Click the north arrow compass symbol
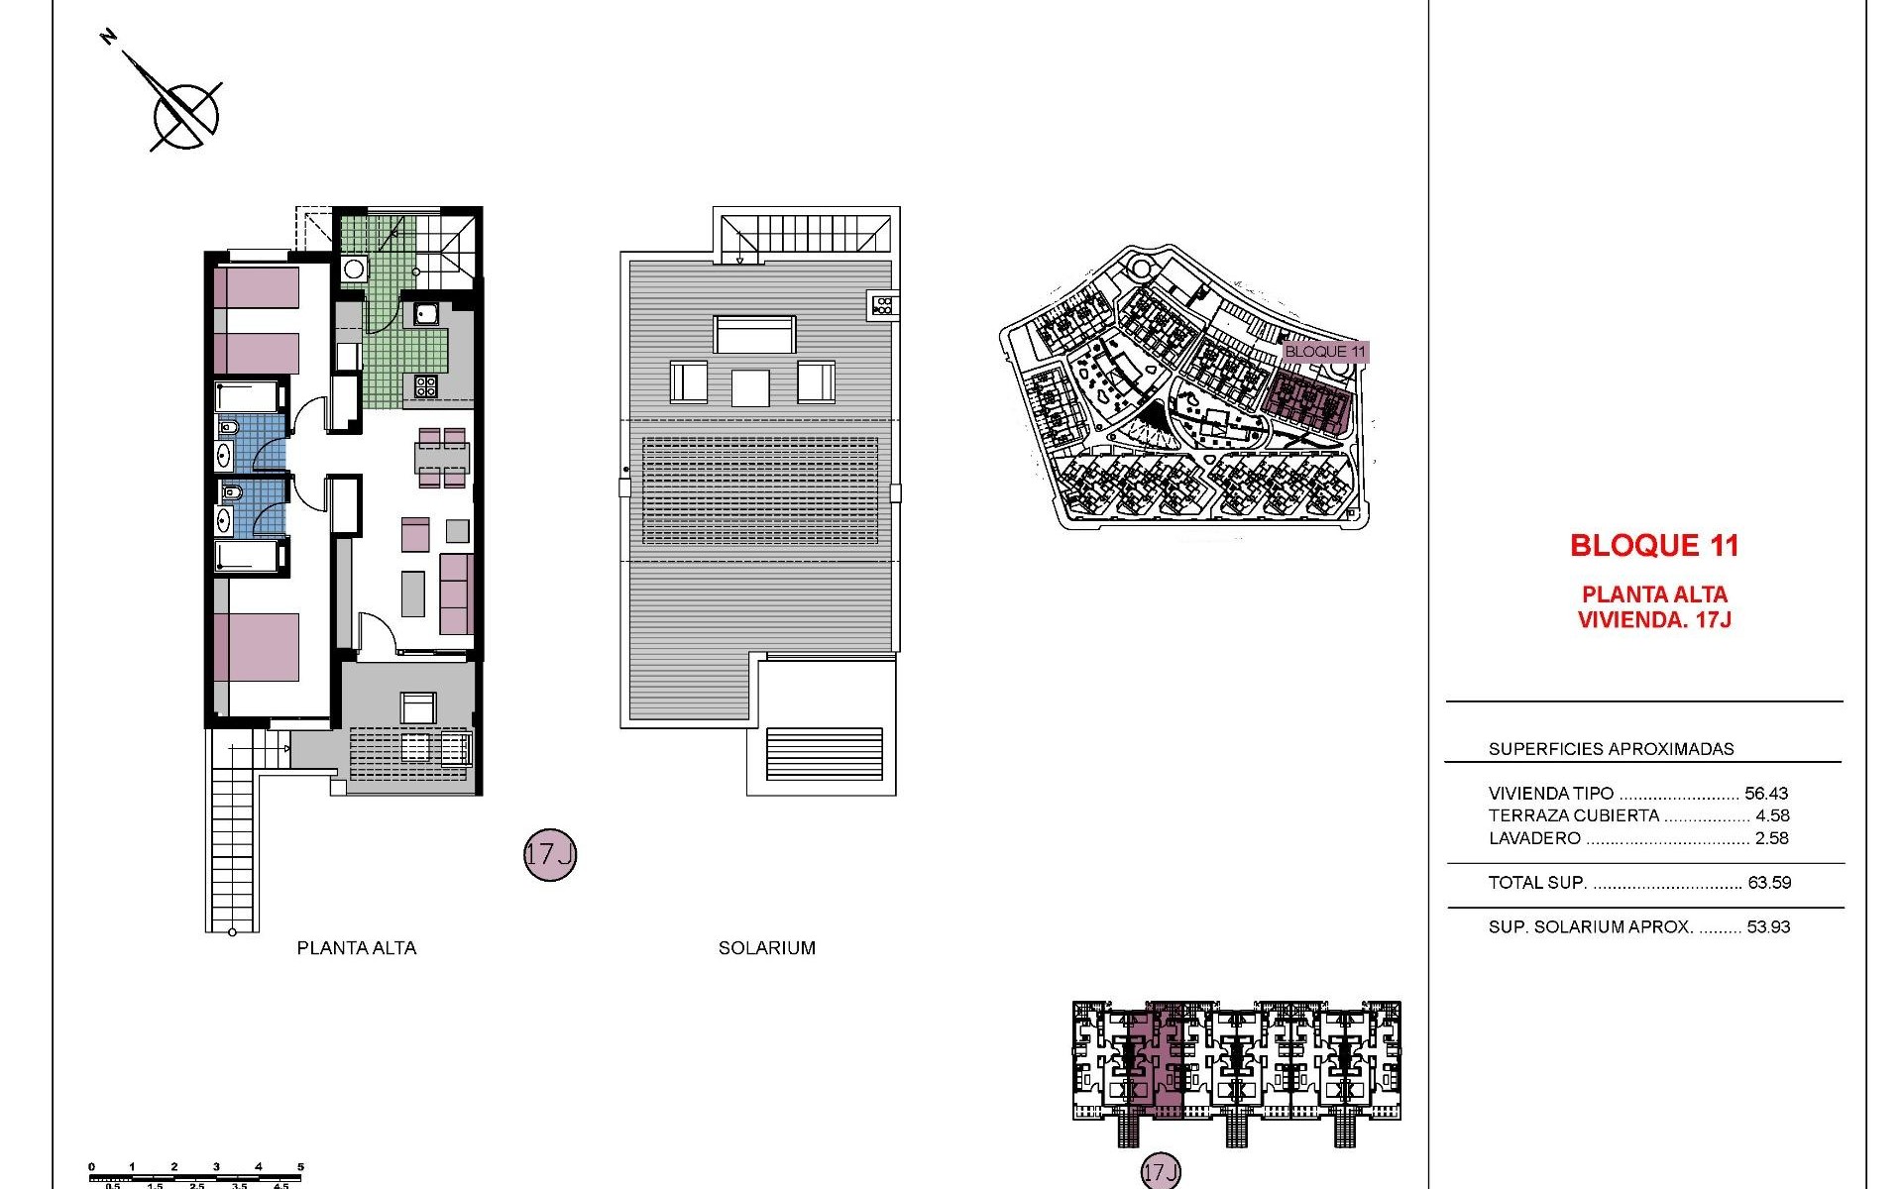pos(185,112)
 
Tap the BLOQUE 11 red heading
pos(1654,545)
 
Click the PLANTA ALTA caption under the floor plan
pos(357,948)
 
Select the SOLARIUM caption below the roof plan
pos(766,948)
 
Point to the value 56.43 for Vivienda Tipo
pos(1766,794)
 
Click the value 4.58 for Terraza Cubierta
pos(1772,815)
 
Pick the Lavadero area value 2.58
pos(1772,838)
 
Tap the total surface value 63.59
pos(1769,883)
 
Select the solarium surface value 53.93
pos(1768,927)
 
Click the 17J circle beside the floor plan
pos(549,855)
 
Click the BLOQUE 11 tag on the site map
pos(1325,352)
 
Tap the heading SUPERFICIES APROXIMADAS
pos(1611,749)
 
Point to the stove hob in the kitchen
pos(425,385)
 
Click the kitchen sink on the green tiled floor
pos(428,314)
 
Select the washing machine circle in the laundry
pos(354,270)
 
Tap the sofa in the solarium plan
pos(754,335)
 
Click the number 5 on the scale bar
pos(300,1167)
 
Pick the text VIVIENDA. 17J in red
pos(1654,620)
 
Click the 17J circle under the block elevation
pos(1160,1173)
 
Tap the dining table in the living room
pos(442,458)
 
